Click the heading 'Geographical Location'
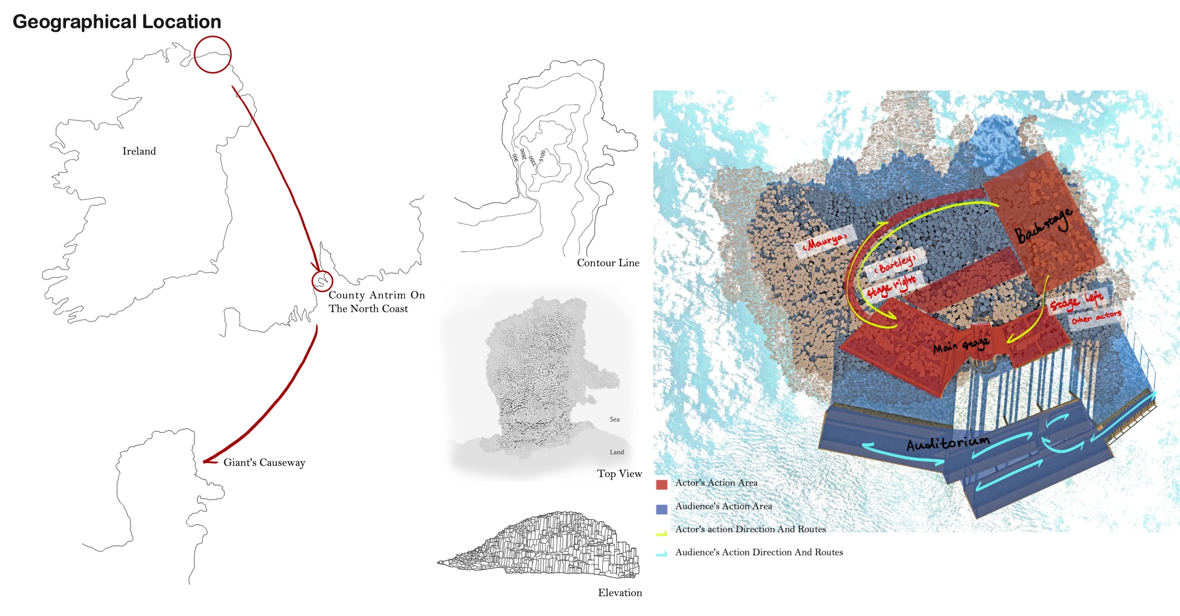pyautogui.click(x=117, y=22)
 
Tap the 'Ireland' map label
pyautogui.click(x=139, y=151)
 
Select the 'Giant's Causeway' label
pyautogui.click(x=264, y=462)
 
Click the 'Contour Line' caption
pyautogui.click(x=608, y=263)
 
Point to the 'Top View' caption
pyautogui.click(x=619, y=474)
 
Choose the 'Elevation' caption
pyautogui.click(x=620, y=593)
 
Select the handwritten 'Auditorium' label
pyautogui.click(x=948, y=443)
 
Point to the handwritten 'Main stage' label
pyautogui.click(x=961, y=345)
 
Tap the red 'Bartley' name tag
pyautogui.click(x=895, y=264)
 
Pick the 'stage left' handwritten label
pyautogui.click(x=1076, y=301)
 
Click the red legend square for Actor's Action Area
pyautogui.click(x=662, y=485)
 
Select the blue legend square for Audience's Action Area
pyautogui.click(x=662, y=509)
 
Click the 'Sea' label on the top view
pyautogui.click(x=614, y=419)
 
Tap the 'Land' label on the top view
pyautogui.click(x=616, y=452)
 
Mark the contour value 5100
pyautogui.click(x=542, y=156)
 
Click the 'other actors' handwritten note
pyautogui.click(x=1096, y=317)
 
